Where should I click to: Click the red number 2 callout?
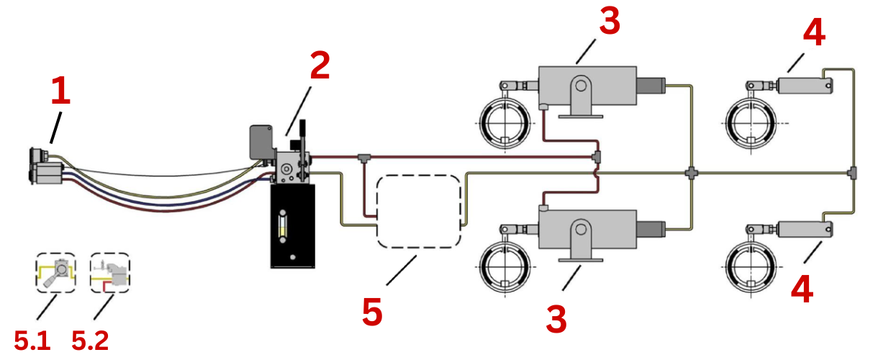(x=320, y=66)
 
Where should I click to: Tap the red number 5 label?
(x=373, y=312)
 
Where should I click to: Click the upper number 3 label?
(x=609, y=22)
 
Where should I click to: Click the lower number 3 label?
(x=556, y=319)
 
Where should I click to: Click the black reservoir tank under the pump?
(x=291, y=225)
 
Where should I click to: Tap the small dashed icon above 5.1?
(x=55, y=273)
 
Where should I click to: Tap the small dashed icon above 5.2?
(x=109, y=273)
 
